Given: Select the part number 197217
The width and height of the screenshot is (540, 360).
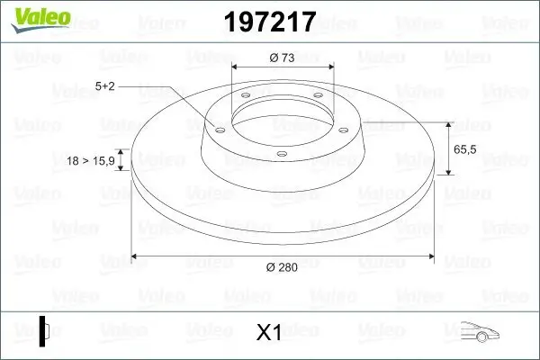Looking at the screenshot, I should point(269,22).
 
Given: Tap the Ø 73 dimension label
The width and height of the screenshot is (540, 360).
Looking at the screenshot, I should point(282,58).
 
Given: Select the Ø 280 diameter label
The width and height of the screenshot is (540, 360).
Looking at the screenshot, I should point(282,267).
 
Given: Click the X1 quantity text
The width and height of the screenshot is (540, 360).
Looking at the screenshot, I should point(269,332).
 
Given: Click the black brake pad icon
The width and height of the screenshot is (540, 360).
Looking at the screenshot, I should point(43,331).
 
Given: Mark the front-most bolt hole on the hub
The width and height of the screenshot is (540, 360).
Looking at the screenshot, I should point(281,155).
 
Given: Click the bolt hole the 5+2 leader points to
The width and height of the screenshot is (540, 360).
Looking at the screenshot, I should point(218,128).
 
